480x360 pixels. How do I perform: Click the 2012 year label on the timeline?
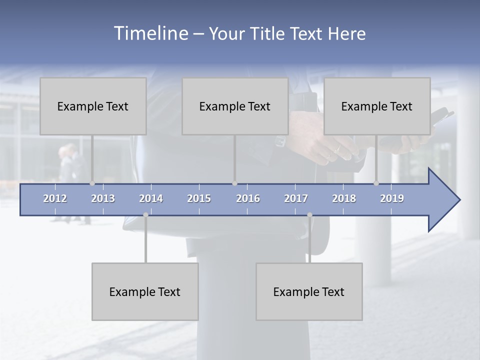[x=55, y=198]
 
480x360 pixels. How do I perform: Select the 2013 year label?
[x=103, y=198]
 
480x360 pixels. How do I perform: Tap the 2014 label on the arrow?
[x=151, y=198]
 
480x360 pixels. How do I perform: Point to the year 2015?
[x=199, y=198]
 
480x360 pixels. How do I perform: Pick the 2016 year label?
[x=248, y=198]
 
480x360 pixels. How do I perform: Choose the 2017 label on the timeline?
[x=296, y=198]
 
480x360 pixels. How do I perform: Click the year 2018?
[x=344, y=198]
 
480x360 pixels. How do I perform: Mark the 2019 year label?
[x=392, y=198]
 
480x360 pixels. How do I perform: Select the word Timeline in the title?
[x=150, y=33]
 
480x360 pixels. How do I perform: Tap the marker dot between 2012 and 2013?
[x=92, y=183]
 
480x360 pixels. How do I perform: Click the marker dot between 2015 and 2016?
[x=234, y=183]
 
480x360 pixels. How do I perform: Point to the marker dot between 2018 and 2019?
[x=376, y=183]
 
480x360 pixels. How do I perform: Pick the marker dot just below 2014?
[x=145, y=215]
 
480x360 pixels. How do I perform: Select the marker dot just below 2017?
[x=309, y=215]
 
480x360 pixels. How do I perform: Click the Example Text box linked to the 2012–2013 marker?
[x=93, y=106]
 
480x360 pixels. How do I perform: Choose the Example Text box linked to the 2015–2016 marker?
[x=235, y=106]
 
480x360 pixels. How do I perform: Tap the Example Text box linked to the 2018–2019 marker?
[x=377, y=106]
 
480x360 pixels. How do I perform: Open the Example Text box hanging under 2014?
[x=145, y=291]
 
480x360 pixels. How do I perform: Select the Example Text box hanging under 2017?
[x=309, y=291]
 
